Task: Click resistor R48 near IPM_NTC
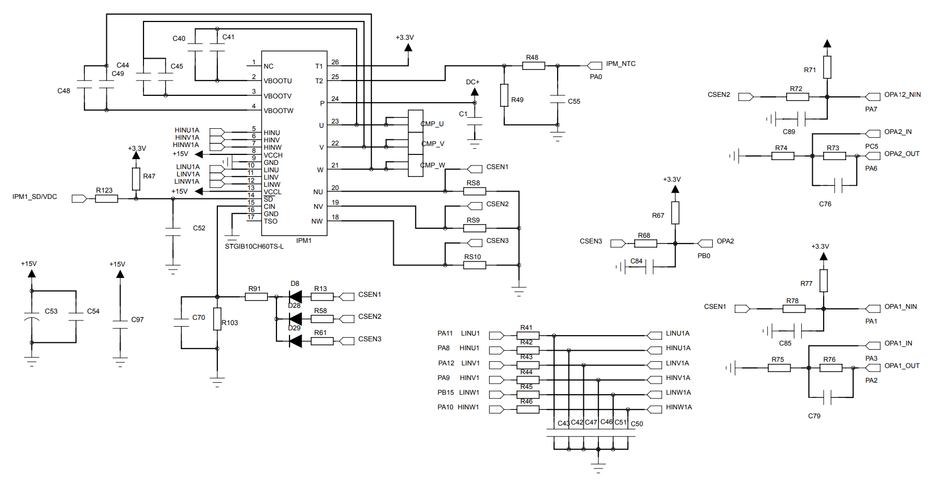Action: tap(533, 65)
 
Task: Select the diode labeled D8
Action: tap(295, 297)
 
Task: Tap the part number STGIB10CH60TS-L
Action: tap(254, 247)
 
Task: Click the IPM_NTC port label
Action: tap(621, 64)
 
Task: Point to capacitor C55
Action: tap(558, 99)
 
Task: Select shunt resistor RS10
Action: tap(474, 265)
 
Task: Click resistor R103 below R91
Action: tap(217, 319)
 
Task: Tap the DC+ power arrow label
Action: tap(472, 82)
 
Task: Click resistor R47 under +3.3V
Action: tap(136, 179)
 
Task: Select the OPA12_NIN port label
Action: tap(902, 95)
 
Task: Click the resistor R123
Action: tap(106, 198)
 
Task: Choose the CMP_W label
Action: tap(433, 165)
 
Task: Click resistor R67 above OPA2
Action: tap(675, 213)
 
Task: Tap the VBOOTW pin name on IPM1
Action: tap(278, 111)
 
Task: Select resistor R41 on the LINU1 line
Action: tap(528, 336)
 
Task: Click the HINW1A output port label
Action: tap(679, 407)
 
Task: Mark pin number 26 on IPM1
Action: tap(335, 62)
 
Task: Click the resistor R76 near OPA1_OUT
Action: tap(831, 368)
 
